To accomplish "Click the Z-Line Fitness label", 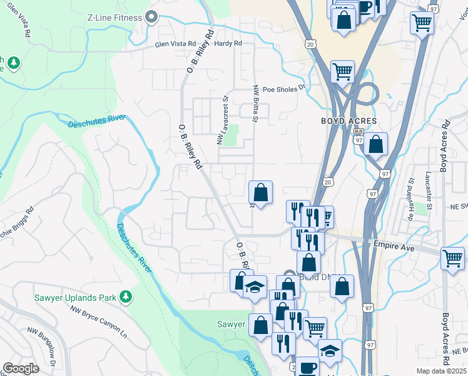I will tap(116, 17).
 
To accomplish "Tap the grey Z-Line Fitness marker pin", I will tap(151, 17).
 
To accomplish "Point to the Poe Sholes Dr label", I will tap(283, 88).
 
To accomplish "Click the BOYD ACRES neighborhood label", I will tap(349, 120).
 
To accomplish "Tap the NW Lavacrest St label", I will tap(221, 120).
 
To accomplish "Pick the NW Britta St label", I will tap(255, 104).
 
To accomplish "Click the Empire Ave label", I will tap(395, 248).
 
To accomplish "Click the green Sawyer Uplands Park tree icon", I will tap(126, 296).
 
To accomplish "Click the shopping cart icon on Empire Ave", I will tap(452, 258).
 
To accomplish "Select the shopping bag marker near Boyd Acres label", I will tap(375, 144).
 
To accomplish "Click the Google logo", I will tap(21, 368).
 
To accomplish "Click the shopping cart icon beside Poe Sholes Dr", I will tap(342, 71).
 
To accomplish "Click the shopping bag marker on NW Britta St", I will tap(260, 192).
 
